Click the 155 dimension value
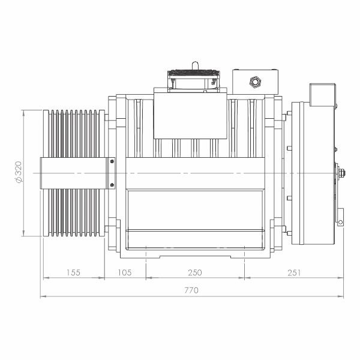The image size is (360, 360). click(x=73, y=272)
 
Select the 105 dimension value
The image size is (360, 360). click(x=125, y=272)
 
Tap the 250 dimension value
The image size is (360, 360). click(x=195, y=272)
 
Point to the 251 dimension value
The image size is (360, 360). click(x=294, y=272)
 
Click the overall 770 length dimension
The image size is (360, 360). click(x=191, y=290)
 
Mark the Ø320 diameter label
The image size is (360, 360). click(x=19, y=172)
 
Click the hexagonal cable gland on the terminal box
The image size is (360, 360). click(x=255, y=82)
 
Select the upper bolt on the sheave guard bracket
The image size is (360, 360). click(x=112, y=161)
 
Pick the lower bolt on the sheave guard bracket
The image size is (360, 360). click(x=112, y=185)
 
